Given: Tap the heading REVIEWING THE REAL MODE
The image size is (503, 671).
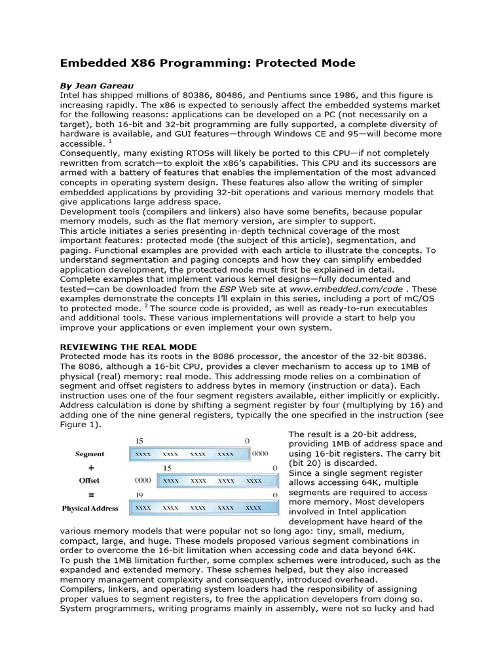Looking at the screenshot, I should tap(128, 347).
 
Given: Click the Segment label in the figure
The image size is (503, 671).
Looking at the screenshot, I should tap(90, 453).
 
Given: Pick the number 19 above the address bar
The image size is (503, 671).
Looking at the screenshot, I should tap(138, 495).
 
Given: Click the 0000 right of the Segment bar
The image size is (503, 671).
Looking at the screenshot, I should tap(261, 453).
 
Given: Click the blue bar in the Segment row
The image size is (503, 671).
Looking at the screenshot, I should tap(189, 453).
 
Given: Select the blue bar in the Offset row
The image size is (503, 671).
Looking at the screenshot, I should tap(216, 480).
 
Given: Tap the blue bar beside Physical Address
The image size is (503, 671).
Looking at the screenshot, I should tap(203, 508).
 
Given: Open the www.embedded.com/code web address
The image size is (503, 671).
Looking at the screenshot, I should tap(365, 289).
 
